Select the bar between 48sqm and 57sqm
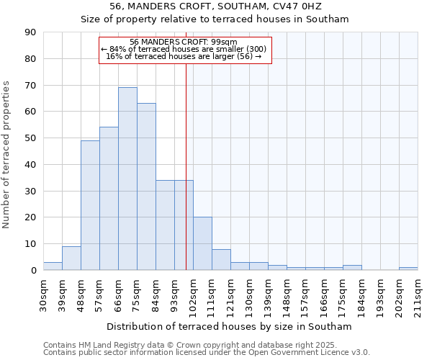coord(90,205)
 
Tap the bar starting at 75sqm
coord(146,186)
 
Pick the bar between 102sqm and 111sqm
coord(202,243)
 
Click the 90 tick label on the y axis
coord(30,32)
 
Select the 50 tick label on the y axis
coord(30,138)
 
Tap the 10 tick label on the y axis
coord(30,244)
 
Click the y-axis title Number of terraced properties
coord(6,155)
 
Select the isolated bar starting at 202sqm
coord(408,269)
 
